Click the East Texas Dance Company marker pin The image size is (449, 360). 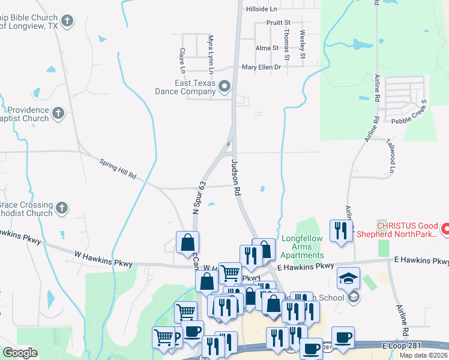(225, 87)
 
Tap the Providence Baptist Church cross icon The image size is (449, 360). (58, 113)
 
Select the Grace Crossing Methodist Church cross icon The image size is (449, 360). (61, 208)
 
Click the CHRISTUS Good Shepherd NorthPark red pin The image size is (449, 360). (445, 229)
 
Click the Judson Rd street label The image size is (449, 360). (237, 178)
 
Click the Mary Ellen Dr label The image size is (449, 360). (261, 67)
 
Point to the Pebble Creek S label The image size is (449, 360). (408, 113)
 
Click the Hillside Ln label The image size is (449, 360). (261, 10)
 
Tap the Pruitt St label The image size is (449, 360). (278, 22)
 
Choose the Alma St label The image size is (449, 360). (267, 48)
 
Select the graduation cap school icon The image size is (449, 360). (348, 278)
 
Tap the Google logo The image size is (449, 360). (20, 352)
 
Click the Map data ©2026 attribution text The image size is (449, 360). (423, 355)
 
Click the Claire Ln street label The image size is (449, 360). (182, 58)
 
